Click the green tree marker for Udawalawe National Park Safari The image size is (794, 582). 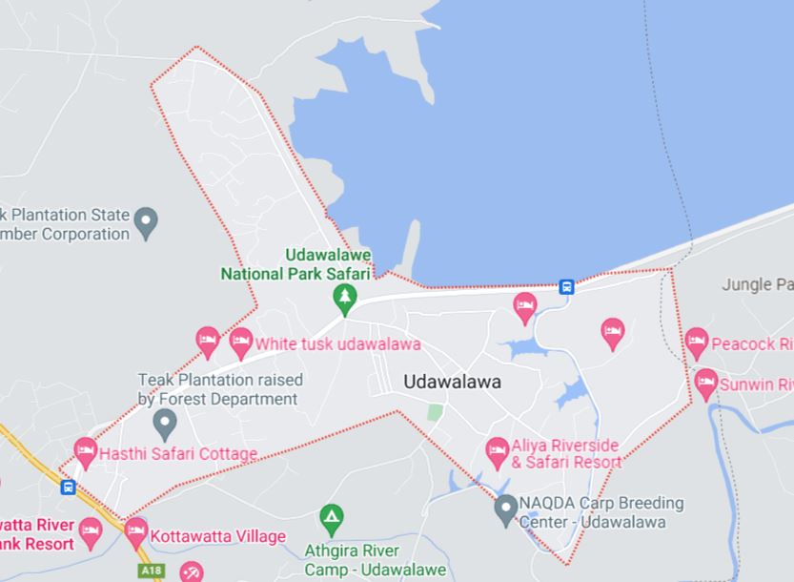(x=344, y=300)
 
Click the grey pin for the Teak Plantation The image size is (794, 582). (x=165, y=422)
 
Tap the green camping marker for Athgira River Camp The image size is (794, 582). (x=331, y=518)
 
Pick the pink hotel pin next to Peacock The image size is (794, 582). (x=697, y=341)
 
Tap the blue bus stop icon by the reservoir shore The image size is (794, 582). (x=566, y=285)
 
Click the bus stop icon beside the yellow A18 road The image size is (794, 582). (x=68, y=488)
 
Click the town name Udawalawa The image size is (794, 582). (x=452, y=382)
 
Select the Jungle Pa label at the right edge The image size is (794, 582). (x=757, y=284)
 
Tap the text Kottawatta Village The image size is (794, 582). (x=217, y=536)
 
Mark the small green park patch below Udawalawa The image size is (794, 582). (x=435, y=412)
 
